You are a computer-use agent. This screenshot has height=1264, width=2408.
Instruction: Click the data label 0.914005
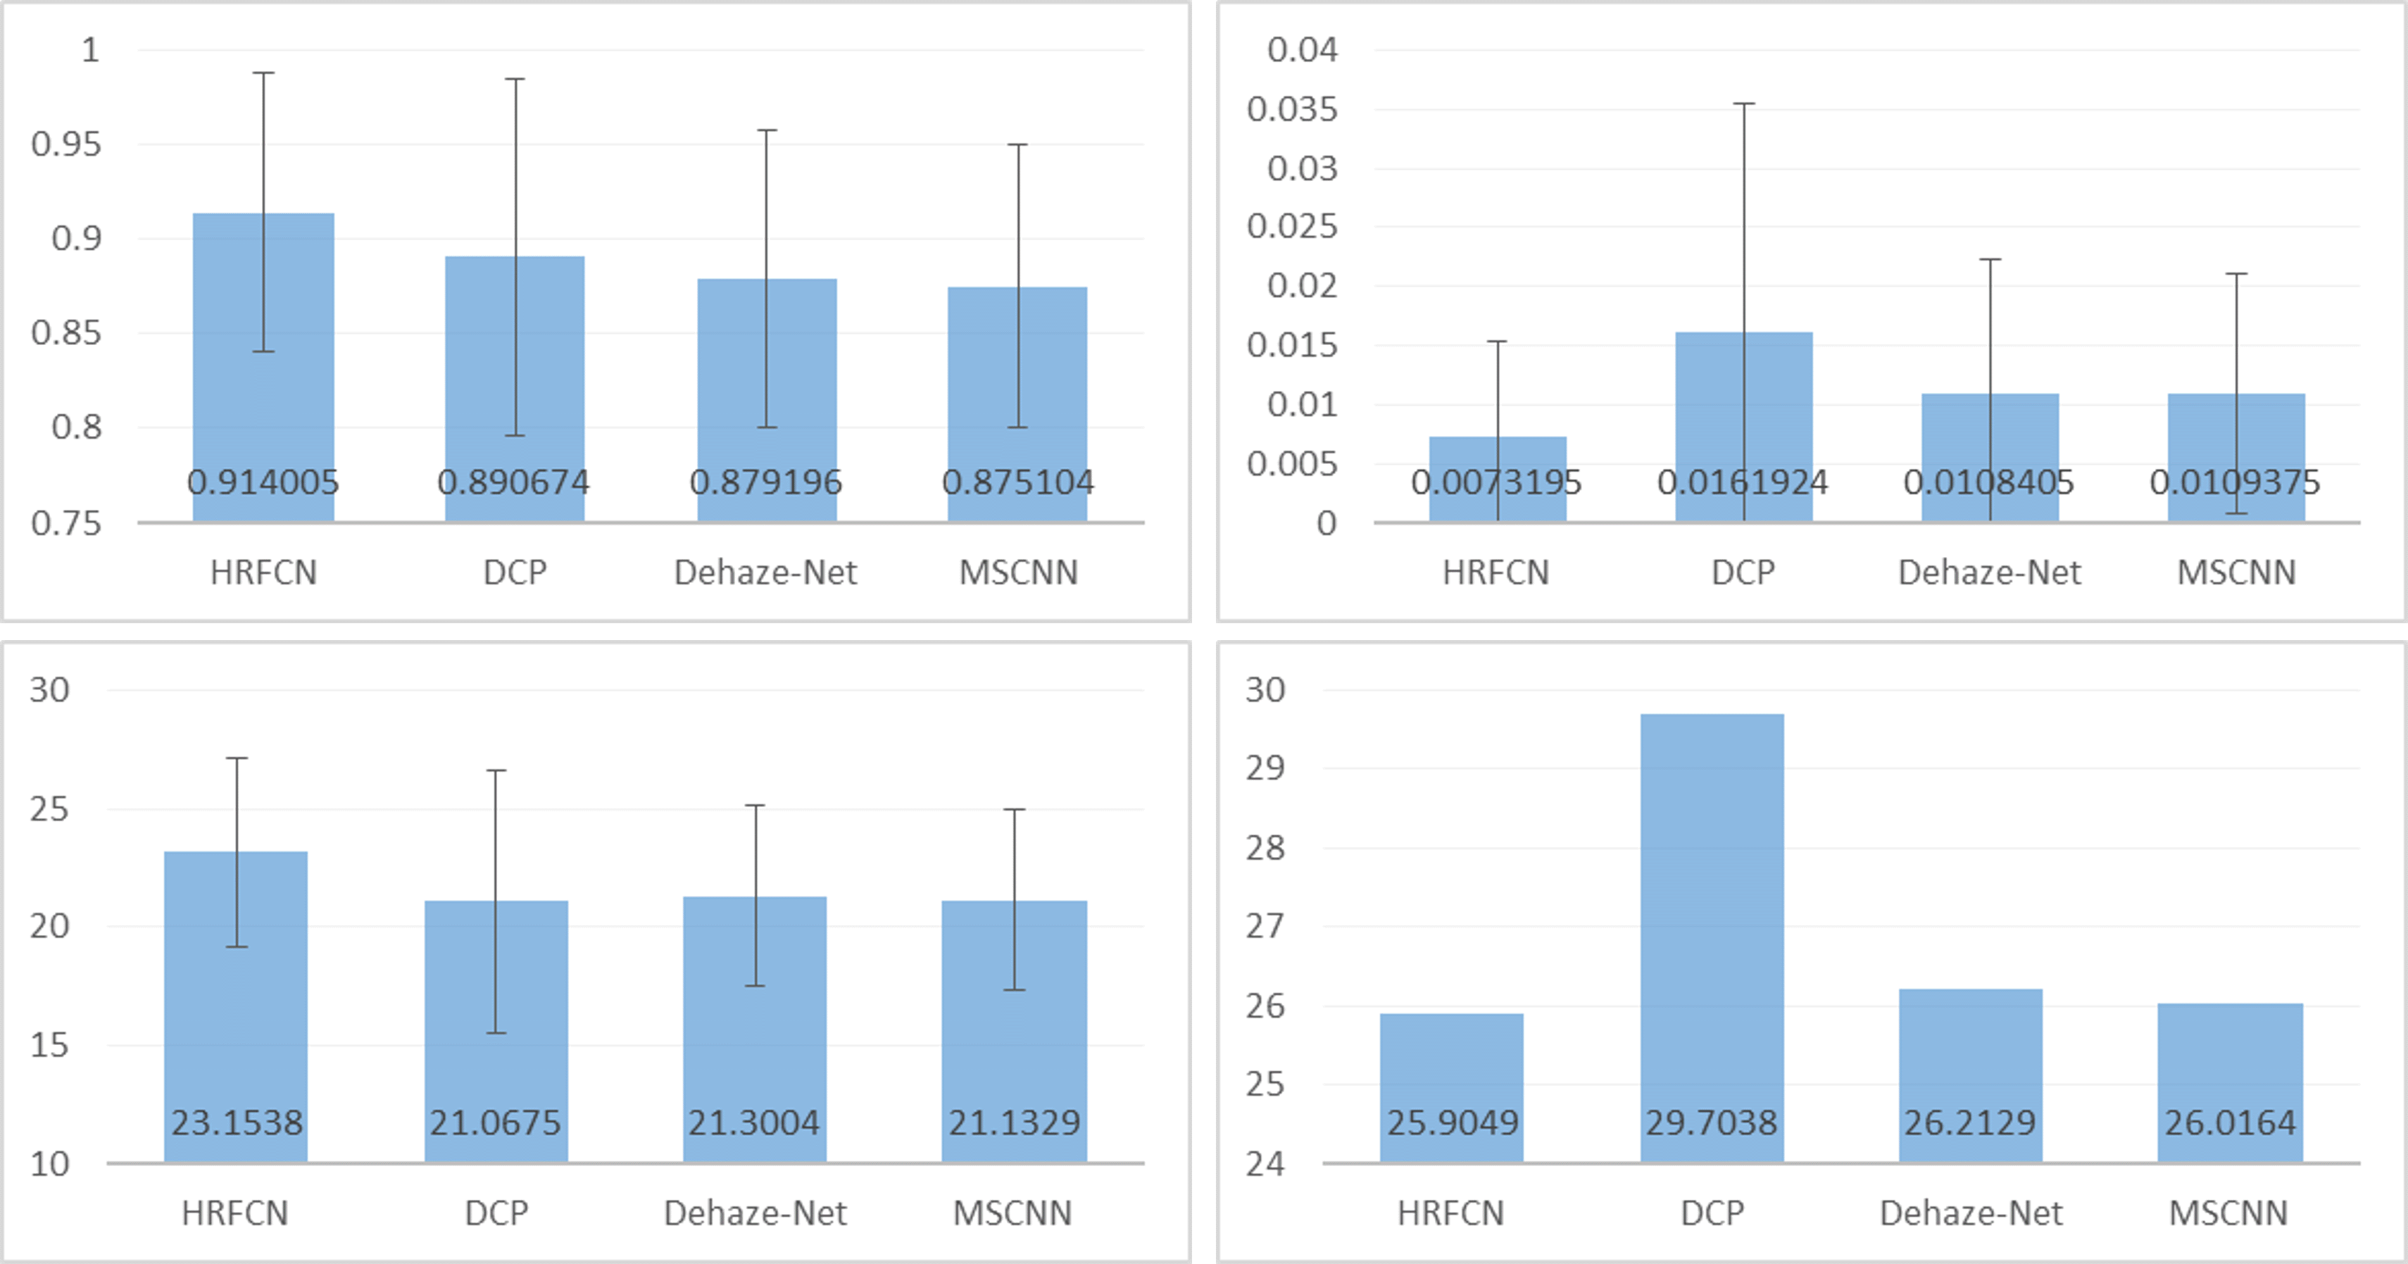click(x=263, y=482)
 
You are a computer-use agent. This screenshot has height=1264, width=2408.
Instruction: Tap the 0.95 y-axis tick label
click(x=65, y=144)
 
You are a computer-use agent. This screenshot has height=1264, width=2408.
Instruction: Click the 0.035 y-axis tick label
click(x=1292, y=109)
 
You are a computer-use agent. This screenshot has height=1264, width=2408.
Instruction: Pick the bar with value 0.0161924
click(x=1743, y=411)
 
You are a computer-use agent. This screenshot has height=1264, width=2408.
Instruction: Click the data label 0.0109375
click(x=2235, y=482)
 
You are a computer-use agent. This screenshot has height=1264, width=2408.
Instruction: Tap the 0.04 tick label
click(x=1302, y=49)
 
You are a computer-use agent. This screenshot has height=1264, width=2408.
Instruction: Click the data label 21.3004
click(x=753, y=1122)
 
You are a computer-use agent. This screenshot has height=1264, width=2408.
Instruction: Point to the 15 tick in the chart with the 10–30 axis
click(x=49, y=1045)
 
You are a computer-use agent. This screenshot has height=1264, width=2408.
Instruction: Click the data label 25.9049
click(x=1452, y=1122)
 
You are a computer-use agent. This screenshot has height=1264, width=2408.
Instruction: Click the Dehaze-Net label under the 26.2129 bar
click(x=1971, y=1213)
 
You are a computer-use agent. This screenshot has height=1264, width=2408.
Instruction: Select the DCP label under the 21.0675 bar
click(x=496, y=1213)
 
